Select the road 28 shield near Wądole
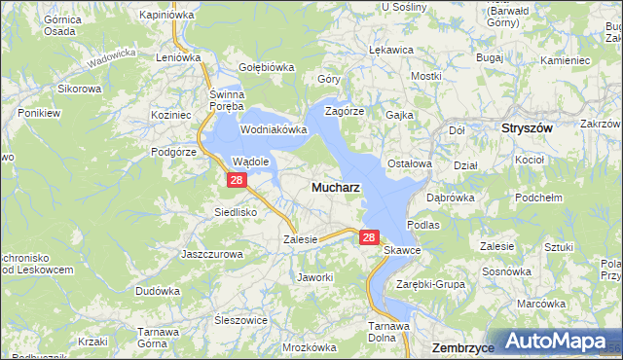[236, 180]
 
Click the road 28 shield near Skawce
[368, 236]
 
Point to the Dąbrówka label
[448, 197]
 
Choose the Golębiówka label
[267, 67]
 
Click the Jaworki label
[315, 277]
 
